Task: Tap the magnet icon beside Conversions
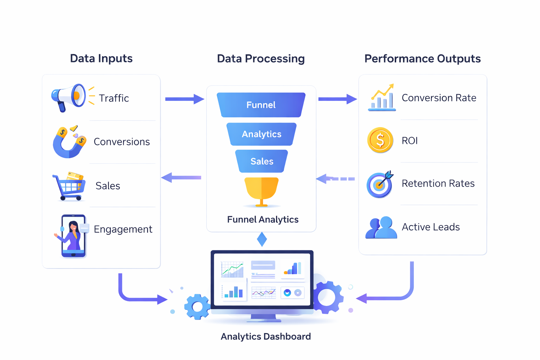click(x=69, y=142)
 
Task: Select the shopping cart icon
click(x=69, y=187)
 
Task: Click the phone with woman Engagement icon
click(x=73, y=236)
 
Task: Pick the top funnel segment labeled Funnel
click(x=261, y=105)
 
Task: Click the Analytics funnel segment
click(x=261, y=134)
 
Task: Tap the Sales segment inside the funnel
click(x=262, y=161)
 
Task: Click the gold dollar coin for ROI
click(x=380, y=140)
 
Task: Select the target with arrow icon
click(x=380, y=184)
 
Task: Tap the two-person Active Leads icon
click(x=381, y=228)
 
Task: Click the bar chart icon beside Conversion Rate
click(x=382, y=98)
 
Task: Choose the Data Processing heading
click(x=261, y=58)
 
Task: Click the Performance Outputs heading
click(x=422, y=58)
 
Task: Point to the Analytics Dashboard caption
click(x=265, y=336)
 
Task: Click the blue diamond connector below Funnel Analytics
click(x=262, y=239)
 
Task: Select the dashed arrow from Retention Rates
click(x=335, y=179)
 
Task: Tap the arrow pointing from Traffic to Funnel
click(x=184, y=99)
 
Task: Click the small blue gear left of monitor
click(x=197, y=307)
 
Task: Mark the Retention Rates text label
click(x=438, y=183)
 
